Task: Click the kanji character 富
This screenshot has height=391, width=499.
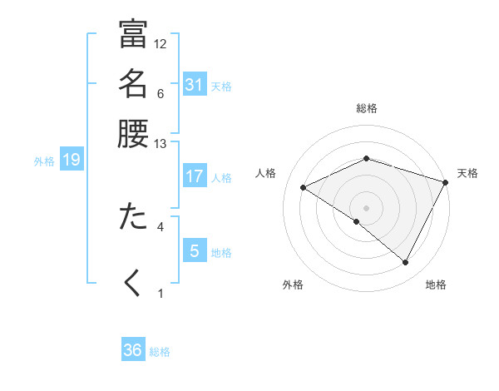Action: click(x=133, y=37)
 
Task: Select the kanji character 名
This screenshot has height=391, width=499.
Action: click(x=133, y=84)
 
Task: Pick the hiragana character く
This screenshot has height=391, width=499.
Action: click(x=133, y=283)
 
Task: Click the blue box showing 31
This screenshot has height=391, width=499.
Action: click(x=194, y=84)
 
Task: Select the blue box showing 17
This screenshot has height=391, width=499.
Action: click(x=194, y=176)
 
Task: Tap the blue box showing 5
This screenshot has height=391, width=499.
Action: click(x=194, y=251)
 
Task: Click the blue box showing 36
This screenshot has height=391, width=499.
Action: click(x=133, y=350)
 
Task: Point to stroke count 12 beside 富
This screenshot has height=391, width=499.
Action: click(x=161, y=44)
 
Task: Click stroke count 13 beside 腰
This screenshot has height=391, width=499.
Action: click(x=161, y=143)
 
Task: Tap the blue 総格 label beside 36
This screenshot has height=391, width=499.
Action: click(x=160, y=352)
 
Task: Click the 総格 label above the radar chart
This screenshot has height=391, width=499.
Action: click(x=367, y=108)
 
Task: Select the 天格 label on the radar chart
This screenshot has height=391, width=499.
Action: click(x=467, y=173)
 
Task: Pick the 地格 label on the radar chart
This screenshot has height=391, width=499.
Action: click(x=436, y=285)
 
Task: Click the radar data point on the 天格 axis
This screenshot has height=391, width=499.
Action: click(x=446, y=181)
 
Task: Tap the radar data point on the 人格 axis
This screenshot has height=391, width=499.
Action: click(x=304, y=188)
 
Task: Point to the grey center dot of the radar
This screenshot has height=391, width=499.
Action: click(x=367, y=207)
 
